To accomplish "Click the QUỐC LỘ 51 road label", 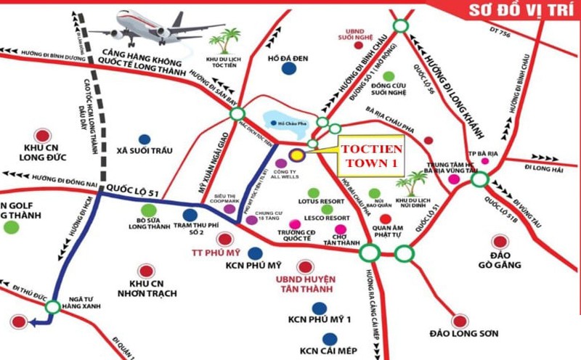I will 131,188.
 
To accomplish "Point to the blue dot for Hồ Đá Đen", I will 290,69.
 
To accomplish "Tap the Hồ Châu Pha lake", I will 285,123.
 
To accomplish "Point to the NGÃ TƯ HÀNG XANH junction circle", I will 52,308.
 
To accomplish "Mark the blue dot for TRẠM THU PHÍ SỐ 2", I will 190,215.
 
